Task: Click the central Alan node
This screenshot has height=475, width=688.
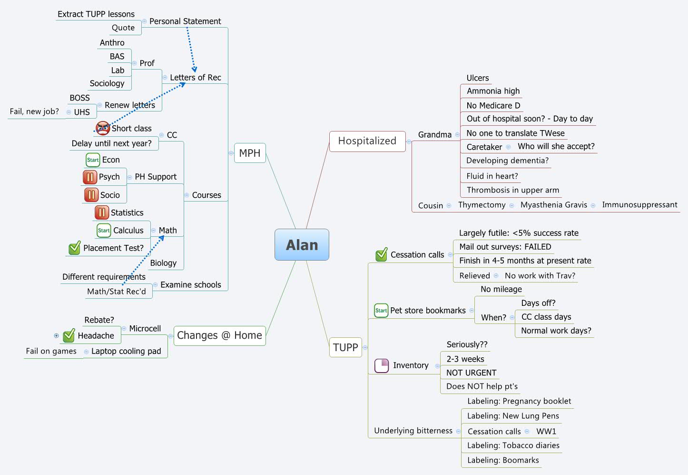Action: click(x=302, y=245)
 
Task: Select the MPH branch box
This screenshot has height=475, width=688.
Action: click(x=250, y=153)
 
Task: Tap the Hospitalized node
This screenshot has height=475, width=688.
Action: click(x=367, y=141)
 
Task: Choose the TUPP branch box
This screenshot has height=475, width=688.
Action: click(x=345, y=347)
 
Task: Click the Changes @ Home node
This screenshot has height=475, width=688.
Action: click(x=219, y=335)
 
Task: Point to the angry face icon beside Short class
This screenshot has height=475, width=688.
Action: click(x=103, y=128)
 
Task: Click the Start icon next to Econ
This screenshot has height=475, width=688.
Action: click(x=93, y=160)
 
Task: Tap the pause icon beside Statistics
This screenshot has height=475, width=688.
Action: click(x=102, y=212)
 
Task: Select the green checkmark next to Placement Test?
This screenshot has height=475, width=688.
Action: click(x=75, y=248)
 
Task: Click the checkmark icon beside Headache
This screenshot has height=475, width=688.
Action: click(x=69, y=335)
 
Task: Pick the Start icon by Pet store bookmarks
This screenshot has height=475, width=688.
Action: click(x=381, y=311)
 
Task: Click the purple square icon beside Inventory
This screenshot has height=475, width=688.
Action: click(x=382, y=365)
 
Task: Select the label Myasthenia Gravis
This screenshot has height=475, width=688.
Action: click(x=553, y=205)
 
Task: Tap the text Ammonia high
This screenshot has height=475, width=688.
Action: click(x=493, y=91)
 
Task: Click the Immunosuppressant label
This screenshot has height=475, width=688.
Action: click(x=639, y=205)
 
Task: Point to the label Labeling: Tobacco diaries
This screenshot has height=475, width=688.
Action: click(x=513, y=445)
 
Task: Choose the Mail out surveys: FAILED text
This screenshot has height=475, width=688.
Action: click(x=505, y=247)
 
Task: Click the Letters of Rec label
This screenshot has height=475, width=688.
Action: click(x=195, y=77)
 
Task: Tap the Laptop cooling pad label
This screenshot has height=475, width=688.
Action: click(x=126, y=351)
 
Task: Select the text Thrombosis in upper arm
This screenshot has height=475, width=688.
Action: click(x=513, y=190)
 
